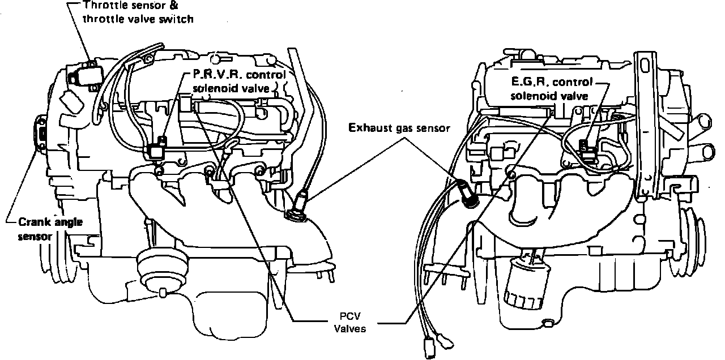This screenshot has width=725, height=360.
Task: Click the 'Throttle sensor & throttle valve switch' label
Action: (138, 12)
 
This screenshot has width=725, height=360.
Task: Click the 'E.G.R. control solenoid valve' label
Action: (551, 88)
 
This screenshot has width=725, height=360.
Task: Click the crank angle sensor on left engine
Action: (41, 134)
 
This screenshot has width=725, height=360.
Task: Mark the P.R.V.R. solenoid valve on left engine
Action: (156, 149)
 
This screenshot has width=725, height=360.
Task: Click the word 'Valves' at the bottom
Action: (347, 329)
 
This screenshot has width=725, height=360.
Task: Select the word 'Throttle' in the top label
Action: (103, 6)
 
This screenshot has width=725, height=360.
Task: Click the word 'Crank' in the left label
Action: (31, 222)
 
